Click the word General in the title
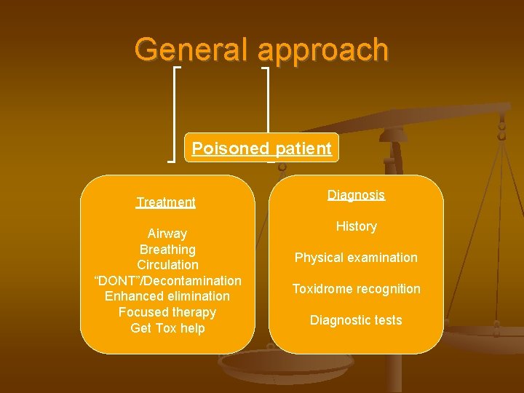pyautogui.click(x=193, y=49)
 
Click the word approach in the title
pyautogui.click(x=323, y=49)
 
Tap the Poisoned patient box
pyautogui.click(x=261, y=148)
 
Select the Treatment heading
pyautogui.click(x=166, y=202)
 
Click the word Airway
pyautogui.click(x=167, y=234)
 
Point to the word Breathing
pyautogui.click(x=167, y=250)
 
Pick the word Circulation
pyautogui.click(x=167, y=265)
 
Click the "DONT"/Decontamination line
pyautogui.click(x=167, y=281)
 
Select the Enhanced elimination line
pyautogui.click(x=167, y=296)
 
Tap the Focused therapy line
pyautogui.click(x=167, y=312)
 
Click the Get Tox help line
pyautogui.click(x=167, y=328)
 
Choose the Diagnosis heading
pyautogui.click(x=356, y=195)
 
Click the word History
pyautogui.click(x=356, y=226)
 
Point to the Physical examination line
pyautogui.click(x=356, y=258)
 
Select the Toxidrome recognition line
pyautogui.click(x=356, y=289)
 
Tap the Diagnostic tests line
pyautogui.click(x=356, y=320)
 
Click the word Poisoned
pyautogui.click(x=230, y=148)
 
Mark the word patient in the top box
pyautogui.click(x=303, y=148)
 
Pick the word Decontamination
pyautogui.click(x=194, y=281)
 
